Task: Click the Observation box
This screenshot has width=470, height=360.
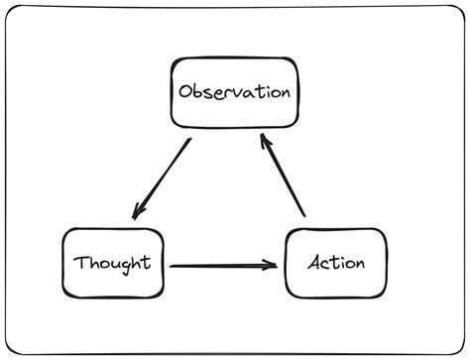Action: (234, 92)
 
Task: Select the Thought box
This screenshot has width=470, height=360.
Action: (111, 263)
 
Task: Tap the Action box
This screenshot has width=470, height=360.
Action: (335, 263)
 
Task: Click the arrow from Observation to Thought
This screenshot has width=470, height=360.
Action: (162, 179)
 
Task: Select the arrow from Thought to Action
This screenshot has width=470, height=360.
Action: (223, 265)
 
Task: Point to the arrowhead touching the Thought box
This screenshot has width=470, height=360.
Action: (139, 212)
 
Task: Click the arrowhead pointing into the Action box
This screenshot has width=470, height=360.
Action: (272, 265)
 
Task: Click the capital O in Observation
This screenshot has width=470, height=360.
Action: (186, 92)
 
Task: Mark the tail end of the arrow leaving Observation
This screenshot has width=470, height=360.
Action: (188, 142)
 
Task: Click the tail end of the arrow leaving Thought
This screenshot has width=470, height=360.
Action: (173, 265)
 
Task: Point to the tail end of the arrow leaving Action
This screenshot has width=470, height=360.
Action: (303, 214)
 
